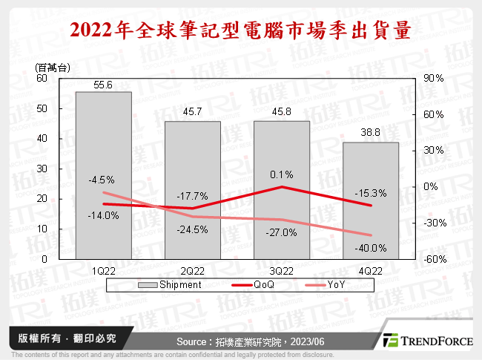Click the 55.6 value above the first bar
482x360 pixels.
click(x=104, y=85)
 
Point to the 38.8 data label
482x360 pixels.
click(x=371, y=135)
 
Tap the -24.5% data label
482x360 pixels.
click(x=193, y=229)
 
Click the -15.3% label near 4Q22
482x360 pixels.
click(x=371, y=193)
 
